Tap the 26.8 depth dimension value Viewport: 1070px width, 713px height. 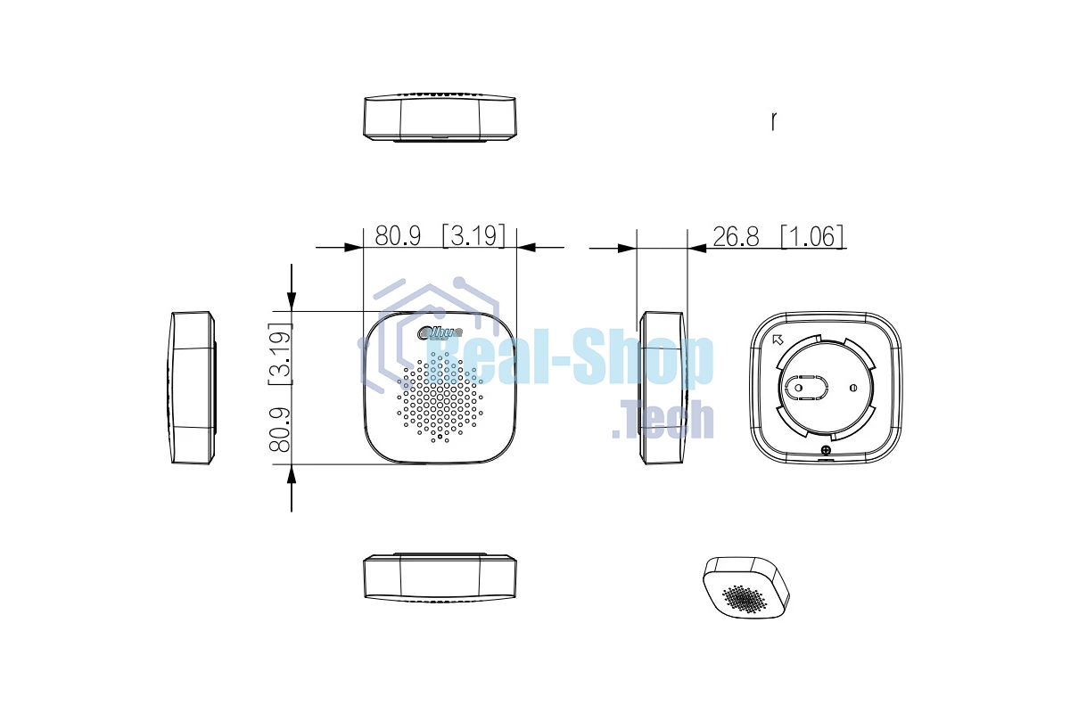pos(736,236)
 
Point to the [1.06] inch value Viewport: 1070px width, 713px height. pos(811,236)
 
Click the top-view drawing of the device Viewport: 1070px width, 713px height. pos(440,117)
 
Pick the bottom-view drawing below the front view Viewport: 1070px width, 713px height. pos(440,577)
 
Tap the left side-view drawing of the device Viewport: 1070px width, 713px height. pos(193,388)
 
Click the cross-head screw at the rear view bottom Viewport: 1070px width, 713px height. pos(826,451)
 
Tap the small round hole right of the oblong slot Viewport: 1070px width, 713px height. pos(853,388)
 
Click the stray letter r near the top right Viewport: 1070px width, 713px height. pos(773,120)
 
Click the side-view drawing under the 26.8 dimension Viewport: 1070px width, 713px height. pos(664,388)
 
